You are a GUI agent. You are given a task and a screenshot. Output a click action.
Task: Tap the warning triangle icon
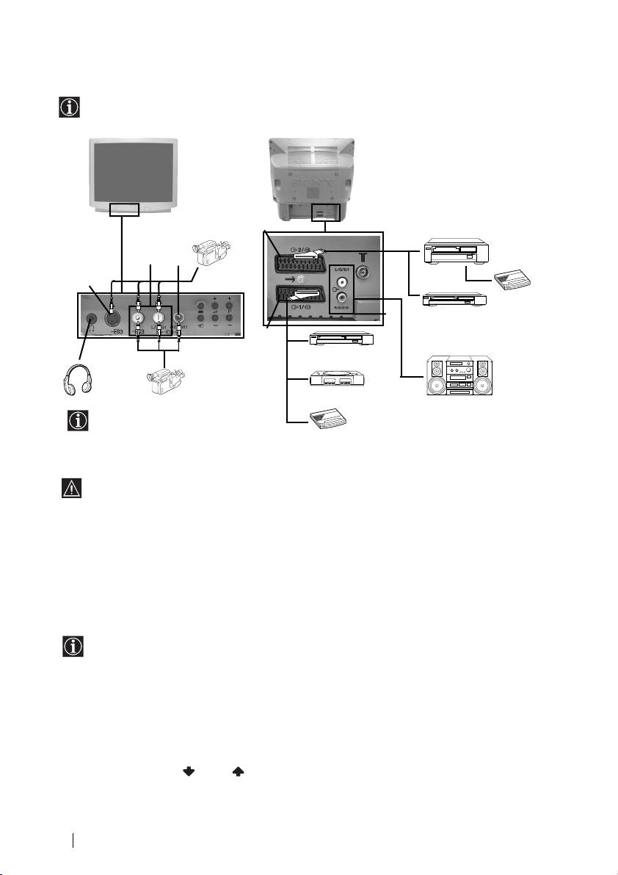tap(72, 489)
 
